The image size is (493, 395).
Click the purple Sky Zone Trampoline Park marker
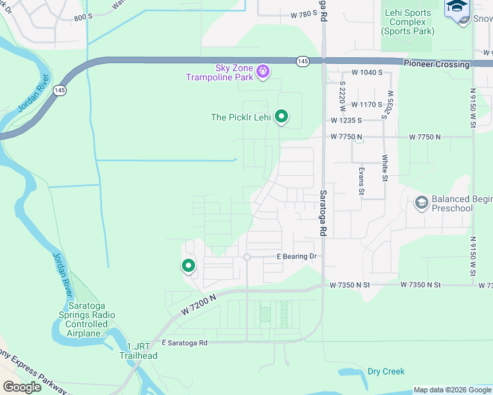263,71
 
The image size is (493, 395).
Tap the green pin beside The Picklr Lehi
281,117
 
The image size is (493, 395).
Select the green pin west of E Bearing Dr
188,266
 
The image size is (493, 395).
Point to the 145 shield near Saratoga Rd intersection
302,61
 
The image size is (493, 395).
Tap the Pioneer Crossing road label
437,65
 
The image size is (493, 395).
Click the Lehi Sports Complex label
407,22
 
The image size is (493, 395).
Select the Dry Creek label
386,371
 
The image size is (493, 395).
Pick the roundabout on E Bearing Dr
246,257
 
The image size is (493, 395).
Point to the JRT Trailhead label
138,351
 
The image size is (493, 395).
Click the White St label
384,169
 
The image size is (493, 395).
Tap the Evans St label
361,177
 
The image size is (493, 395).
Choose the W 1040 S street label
366,72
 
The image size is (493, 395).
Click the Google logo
22,387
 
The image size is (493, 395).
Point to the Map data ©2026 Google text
452,390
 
